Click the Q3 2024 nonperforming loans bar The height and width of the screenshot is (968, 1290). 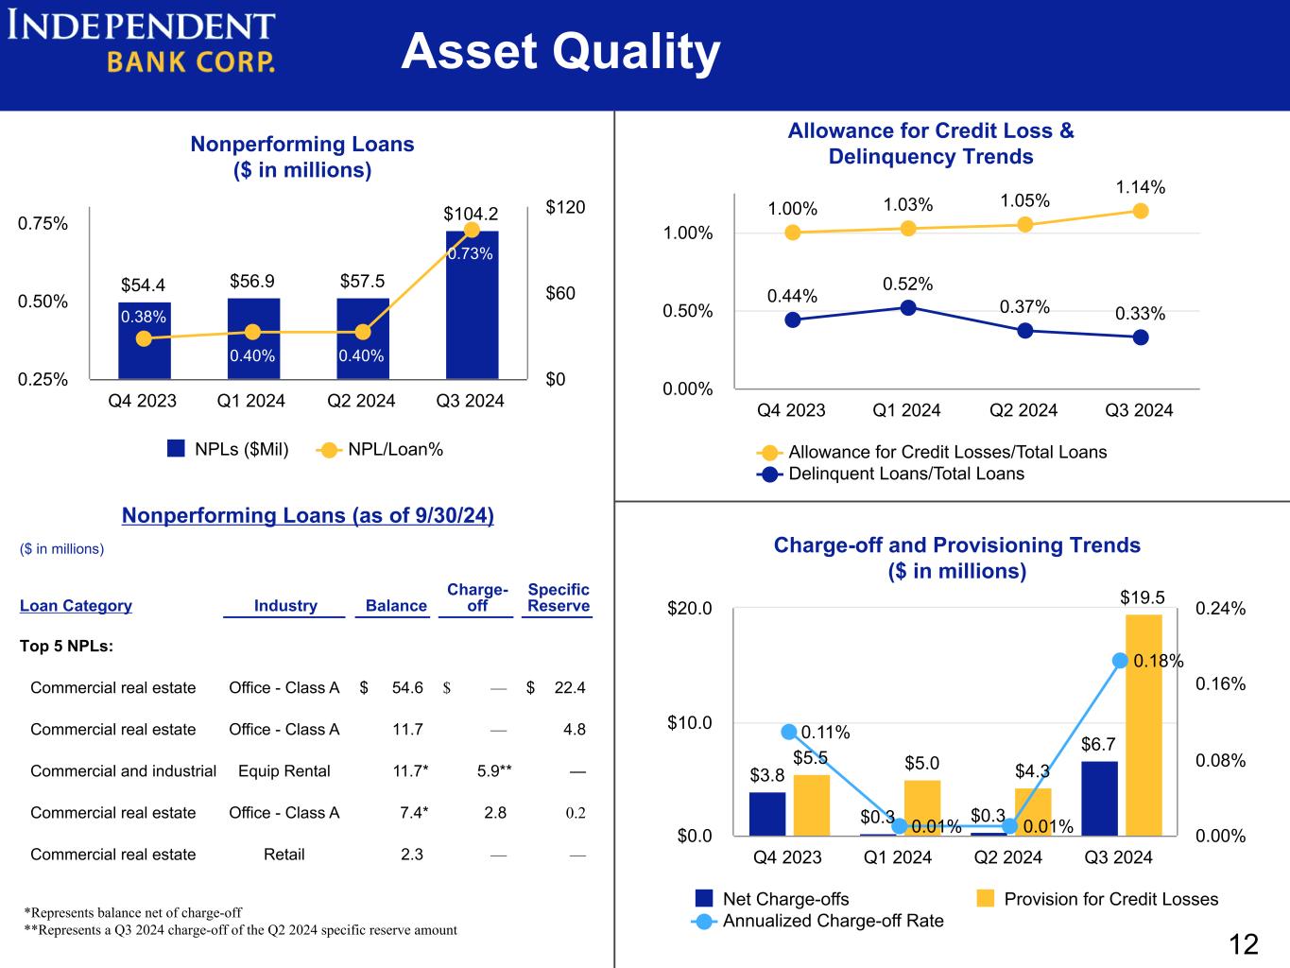point(472,304)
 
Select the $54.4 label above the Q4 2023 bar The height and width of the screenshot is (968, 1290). point(143,285)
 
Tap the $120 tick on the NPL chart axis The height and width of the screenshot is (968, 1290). point(565,207)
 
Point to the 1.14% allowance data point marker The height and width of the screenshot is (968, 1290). point(1140,211)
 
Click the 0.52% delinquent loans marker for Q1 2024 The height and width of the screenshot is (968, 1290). point(908,307)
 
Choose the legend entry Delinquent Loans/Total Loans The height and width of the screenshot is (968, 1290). point(890,474)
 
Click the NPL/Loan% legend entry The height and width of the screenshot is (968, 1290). point(380,450)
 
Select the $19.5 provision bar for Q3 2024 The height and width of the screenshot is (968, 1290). point(1144,725)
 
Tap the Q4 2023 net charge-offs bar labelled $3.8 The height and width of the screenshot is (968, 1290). point(767,813)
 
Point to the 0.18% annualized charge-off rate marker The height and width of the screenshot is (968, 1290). point(1120,661)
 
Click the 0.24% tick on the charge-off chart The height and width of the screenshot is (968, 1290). point(1220,608)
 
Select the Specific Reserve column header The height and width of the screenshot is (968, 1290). point(559,597)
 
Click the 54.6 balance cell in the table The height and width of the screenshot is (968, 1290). point(407,687)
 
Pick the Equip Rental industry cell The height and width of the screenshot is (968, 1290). point(284,771)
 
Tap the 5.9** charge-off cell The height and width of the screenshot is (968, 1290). point(493,771)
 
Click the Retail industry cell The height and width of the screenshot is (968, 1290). point(284,855)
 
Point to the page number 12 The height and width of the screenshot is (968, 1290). point(1244,944)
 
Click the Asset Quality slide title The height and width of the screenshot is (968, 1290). point(560,52)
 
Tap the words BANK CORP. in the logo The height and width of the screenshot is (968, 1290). point(191,61)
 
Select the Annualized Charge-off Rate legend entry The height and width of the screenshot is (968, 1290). point(817,921)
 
